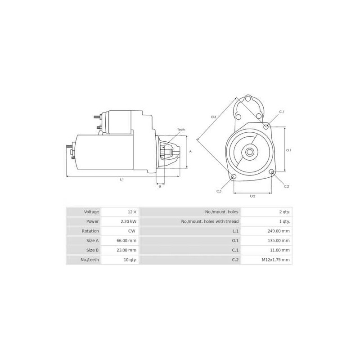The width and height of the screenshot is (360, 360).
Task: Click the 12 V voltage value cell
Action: (131, 211)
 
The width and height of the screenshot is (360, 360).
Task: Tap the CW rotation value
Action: (131, 231)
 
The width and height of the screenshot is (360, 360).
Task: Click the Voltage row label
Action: (91, 211)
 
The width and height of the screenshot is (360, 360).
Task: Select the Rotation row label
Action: (90, 231)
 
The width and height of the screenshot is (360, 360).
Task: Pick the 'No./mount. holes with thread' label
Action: (210, 221)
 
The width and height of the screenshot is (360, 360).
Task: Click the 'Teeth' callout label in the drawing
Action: (181, 130)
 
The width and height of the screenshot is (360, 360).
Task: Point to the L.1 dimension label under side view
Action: (121, 180)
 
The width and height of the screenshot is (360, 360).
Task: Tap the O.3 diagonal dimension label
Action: (213, 117)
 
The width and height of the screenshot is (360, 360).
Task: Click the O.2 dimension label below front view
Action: (252, 196)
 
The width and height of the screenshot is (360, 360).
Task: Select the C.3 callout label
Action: (219, 191)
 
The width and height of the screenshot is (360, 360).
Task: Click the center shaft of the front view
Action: (249, 152)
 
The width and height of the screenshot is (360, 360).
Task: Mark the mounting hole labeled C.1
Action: (266, 127)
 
